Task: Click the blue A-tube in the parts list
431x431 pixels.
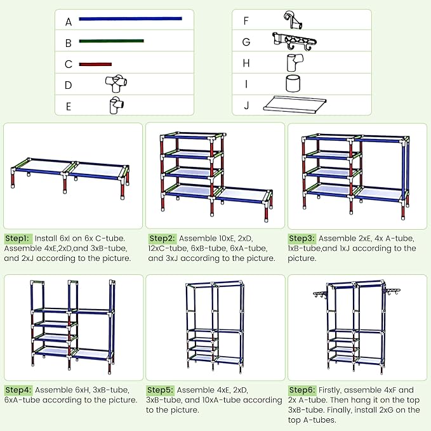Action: [130, 18]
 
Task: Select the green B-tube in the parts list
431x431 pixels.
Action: [111, 41]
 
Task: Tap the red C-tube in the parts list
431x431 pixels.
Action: [95, 64]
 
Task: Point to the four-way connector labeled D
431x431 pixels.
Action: [116, 83]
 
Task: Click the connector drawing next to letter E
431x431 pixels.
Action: [116, 105]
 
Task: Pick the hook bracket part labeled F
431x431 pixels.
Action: [293, 20]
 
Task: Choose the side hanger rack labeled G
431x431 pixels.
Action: [294, 41]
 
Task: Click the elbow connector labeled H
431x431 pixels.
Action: [295, 62]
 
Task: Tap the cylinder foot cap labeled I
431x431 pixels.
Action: [293, 83]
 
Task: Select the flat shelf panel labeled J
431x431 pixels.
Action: [295, 104]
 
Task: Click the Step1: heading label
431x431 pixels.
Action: [17, 238]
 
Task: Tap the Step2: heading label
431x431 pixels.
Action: [162, 238]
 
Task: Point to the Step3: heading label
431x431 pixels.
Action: [302, 238]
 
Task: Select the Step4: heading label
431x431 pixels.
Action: [18, 390]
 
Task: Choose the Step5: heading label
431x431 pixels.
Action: [160, 390]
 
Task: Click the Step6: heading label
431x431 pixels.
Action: [302, 390]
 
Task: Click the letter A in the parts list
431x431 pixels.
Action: [69, 22]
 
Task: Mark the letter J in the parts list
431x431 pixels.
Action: [246, 105]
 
